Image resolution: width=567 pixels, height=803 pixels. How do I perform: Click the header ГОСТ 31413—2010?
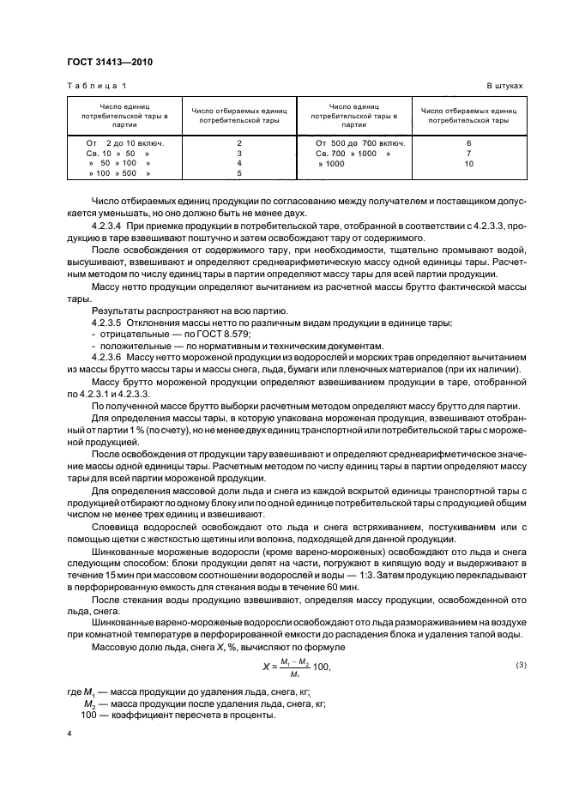point(103,62)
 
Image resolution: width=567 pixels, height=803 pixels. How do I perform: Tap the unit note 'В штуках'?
point(504,87)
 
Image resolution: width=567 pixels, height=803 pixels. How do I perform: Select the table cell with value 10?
point(468,163)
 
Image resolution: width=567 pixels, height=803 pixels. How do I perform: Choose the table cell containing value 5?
point(239,173)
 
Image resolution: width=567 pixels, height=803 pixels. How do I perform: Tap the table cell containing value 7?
point(468,153)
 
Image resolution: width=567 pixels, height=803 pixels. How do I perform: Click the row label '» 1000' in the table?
point(333,163)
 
